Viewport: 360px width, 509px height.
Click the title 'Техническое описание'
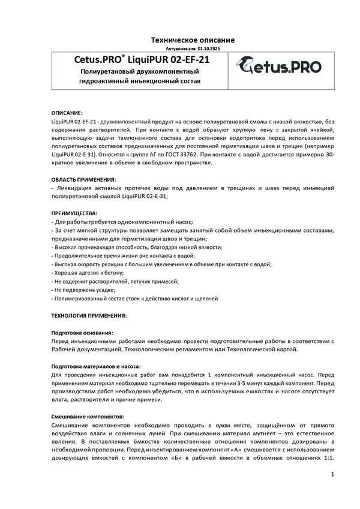tap(192, 40)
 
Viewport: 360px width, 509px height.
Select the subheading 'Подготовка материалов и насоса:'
tap(96, 366)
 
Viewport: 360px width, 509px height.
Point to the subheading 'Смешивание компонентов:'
tap(88, 415)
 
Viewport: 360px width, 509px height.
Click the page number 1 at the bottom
tap(332, 475)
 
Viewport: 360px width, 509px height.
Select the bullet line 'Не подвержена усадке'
tap(83, 289)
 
